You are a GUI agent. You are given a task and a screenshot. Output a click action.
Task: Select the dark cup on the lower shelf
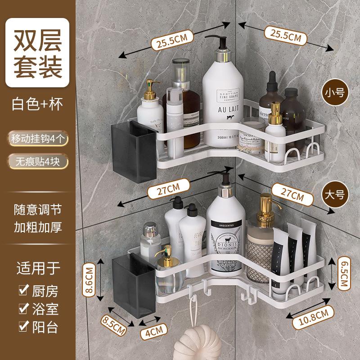pos(133,287)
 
